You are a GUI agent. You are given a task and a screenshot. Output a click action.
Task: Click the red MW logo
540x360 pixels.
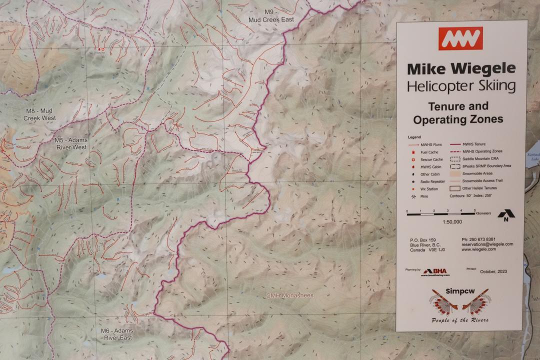(460, 38)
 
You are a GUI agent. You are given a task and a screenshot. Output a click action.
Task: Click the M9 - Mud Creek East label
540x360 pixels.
(271, 15)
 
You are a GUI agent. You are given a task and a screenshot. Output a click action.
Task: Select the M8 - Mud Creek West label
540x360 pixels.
(39, 114)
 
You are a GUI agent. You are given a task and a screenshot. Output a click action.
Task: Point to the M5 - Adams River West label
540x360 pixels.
(70, 144)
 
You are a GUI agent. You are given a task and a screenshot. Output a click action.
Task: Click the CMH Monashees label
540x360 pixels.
(289, 295)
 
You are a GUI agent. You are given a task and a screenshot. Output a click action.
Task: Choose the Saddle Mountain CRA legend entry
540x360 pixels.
(482, 158)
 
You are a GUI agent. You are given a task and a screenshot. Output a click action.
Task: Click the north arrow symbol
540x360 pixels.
(506, 214)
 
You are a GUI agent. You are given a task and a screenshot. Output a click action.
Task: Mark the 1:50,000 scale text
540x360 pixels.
(451, 221)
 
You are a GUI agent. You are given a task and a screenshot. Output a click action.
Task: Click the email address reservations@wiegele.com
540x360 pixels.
(487, 244)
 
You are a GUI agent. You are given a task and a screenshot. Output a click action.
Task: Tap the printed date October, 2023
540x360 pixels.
(493, 271)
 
